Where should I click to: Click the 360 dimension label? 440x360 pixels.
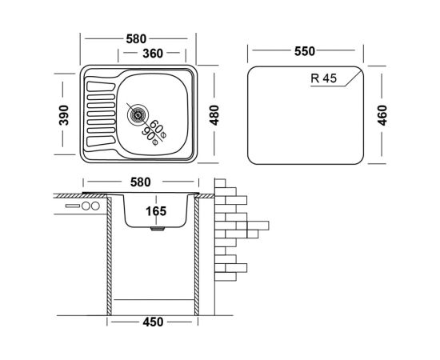pos(153,54)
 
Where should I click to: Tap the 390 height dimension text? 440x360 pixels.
pos(64,115)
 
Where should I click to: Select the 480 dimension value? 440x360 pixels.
pos(214,115)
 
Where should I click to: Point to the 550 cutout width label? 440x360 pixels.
pos(305,51)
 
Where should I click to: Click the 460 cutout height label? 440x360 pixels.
pos(382,115)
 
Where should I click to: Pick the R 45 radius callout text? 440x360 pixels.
pos(323,78)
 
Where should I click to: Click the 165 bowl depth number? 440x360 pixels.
pos(156,211)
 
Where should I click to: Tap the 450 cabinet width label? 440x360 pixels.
pos(153,322)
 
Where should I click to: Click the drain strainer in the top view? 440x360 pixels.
pos(138,114)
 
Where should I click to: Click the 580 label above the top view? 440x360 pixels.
pos(136,39)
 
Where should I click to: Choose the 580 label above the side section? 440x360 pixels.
pos(141,182)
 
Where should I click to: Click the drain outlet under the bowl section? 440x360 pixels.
pos(158,229)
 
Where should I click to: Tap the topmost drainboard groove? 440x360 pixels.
pos(101,86)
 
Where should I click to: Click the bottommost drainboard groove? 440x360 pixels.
pos(101,141)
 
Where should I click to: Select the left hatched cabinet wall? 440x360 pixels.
pos(109,256)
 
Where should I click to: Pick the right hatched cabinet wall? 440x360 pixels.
pos(197,256)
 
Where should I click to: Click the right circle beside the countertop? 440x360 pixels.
pos(95,206)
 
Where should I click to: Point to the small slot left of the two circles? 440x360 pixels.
pos(73,206)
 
